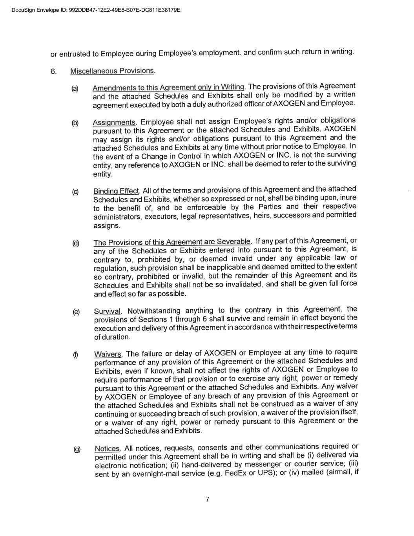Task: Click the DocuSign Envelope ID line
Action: point(96,10)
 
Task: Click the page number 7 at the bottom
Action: point(207,499)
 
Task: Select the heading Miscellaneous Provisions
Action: point(112,71)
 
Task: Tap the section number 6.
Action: point(53,71)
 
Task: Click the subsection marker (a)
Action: point(75,89)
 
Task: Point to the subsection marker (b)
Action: point(75,123)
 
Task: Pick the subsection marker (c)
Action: point(75,192)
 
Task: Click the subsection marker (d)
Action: point(75,243)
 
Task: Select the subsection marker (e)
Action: point(76,312)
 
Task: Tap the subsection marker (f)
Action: point(76,355)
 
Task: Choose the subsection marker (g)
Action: point(77,449)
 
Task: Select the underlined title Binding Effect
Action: point(116,191)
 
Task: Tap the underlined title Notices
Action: point(107,449)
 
